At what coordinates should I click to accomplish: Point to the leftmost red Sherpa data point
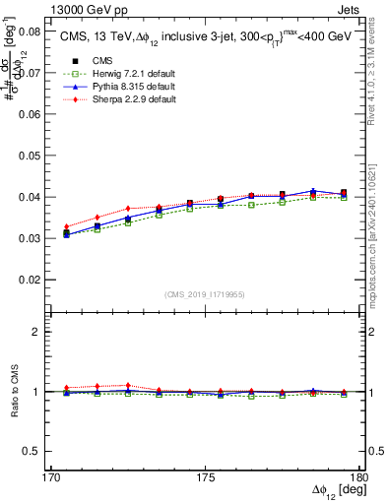tap(66, 226)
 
